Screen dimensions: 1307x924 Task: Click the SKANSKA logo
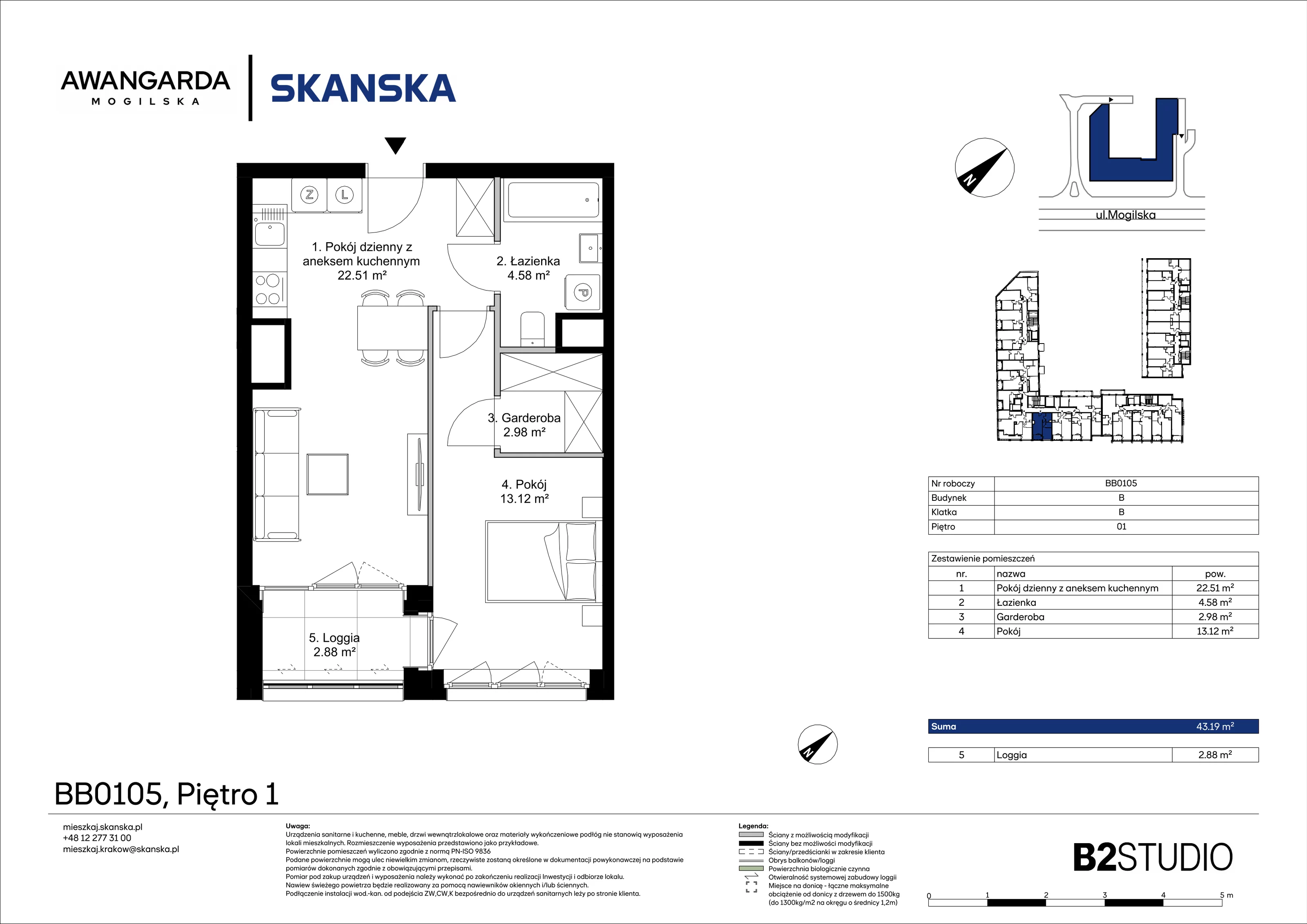(363, 88)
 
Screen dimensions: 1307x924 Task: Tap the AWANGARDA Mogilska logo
(146, 88)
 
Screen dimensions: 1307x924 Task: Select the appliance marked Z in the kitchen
(310, 195)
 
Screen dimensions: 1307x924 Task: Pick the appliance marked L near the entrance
(344, 195)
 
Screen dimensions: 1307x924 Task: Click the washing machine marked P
(583, 292)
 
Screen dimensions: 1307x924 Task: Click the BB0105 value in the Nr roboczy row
(1121, 483)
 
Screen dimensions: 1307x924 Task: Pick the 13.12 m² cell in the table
(1215, 631)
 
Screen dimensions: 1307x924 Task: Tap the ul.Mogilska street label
(1125, 215)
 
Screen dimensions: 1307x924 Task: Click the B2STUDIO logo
(1153, 857)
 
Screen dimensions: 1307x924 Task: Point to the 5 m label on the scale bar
(1226, 895)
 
